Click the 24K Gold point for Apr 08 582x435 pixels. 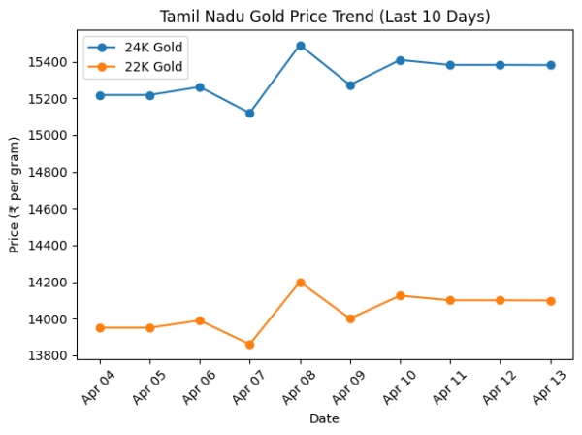pyautogui.click(x=301, y=46)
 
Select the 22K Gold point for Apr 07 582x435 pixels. pyautogui.click(x=250, y=345)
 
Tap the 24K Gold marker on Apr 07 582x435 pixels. pyautogui.click(x=250, y=114)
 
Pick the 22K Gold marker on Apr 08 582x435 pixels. pyautogui.click(x=301, y=283)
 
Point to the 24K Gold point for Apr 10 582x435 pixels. pyautogui.click(x=401, y=60)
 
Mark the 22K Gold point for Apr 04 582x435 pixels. pyautogui.click(x=100, y=328)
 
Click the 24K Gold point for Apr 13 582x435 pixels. pyautogui.click(x=551, y=65)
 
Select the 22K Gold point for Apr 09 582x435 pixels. pyautogui.click(x=350, y=318)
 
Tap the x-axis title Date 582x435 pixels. pyautogui.click(x=325, y=418)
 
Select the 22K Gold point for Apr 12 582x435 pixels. pyautogui.click(x=501, y=300)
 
